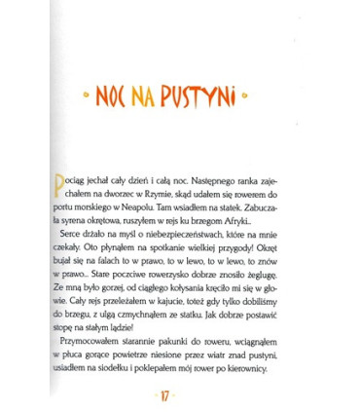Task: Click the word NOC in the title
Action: (121, 97)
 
